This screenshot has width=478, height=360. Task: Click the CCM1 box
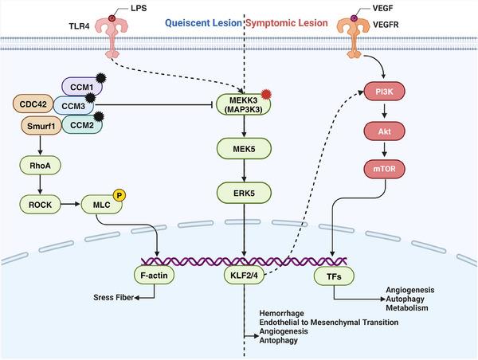(x=80, y=85)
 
